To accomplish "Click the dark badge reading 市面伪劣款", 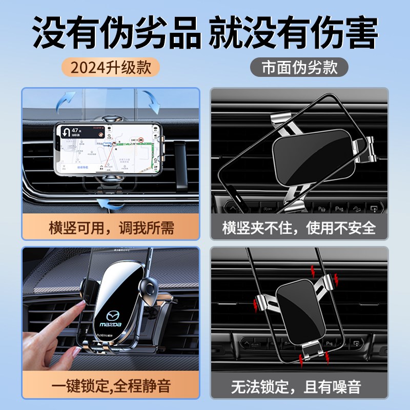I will [x=300, y=67].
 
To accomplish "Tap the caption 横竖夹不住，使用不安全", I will [x=299, y=228].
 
